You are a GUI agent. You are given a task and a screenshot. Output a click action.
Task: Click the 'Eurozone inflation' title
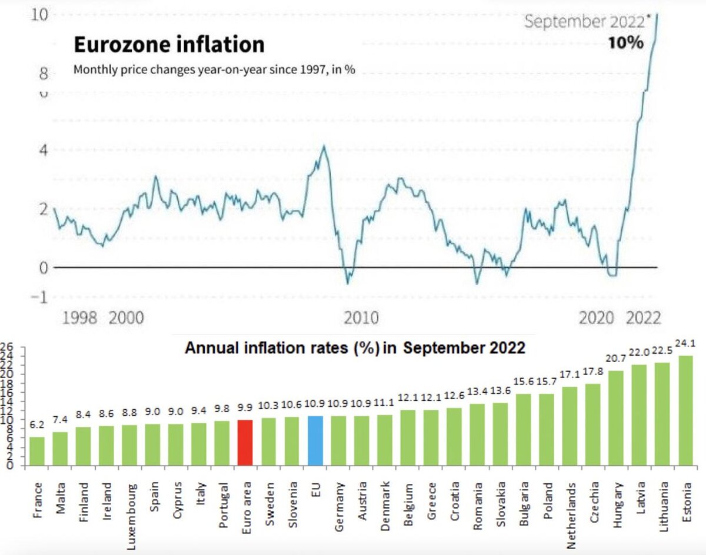[168, 45]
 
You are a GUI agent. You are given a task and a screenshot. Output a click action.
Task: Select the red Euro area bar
[245, 443]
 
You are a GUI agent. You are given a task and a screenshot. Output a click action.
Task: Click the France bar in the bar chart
[37, 451]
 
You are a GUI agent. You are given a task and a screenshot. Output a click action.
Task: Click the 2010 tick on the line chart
[361, 319]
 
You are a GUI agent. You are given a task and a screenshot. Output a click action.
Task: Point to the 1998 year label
[80, 319]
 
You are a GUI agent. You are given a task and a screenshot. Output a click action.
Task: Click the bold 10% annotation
[625, 44]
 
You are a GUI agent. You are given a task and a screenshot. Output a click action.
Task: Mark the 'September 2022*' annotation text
[584, 22]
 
